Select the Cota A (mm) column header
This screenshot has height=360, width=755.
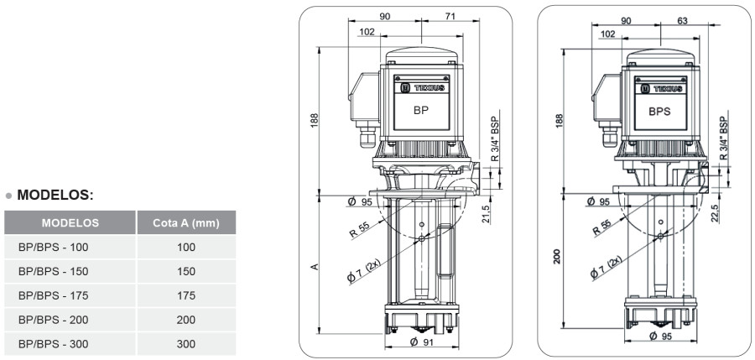click(x=185, y=223)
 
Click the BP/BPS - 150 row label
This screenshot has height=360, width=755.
click(x=53, y=271)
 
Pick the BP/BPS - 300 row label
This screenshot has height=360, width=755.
click(x=53, y=344)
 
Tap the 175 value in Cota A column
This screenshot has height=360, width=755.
click(x=185, y=295)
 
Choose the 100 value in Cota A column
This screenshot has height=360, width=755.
click(x=185, y=247)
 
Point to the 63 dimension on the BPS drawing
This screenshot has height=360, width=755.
click(x=684, y=22)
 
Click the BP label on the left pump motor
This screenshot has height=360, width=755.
click(x=420, y=110)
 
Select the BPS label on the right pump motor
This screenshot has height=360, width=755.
click(x=659, y=110)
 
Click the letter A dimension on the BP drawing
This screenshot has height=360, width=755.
click(x=315, y=266)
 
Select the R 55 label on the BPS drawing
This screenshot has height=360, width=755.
click(x=601, y=227)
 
